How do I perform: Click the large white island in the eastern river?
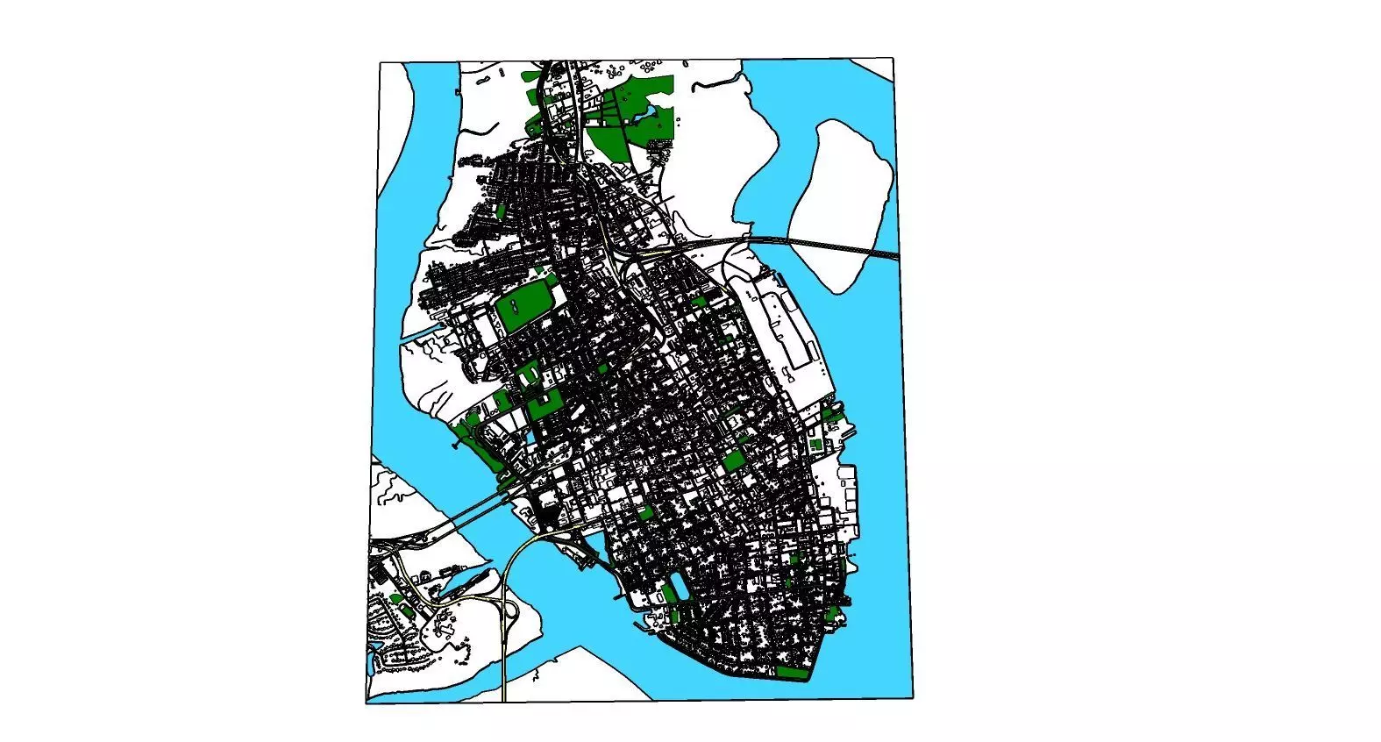tap(842, 202)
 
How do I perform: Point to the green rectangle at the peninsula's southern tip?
tap(792, 673)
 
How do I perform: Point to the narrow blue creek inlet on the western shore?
tap(422, 334)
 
